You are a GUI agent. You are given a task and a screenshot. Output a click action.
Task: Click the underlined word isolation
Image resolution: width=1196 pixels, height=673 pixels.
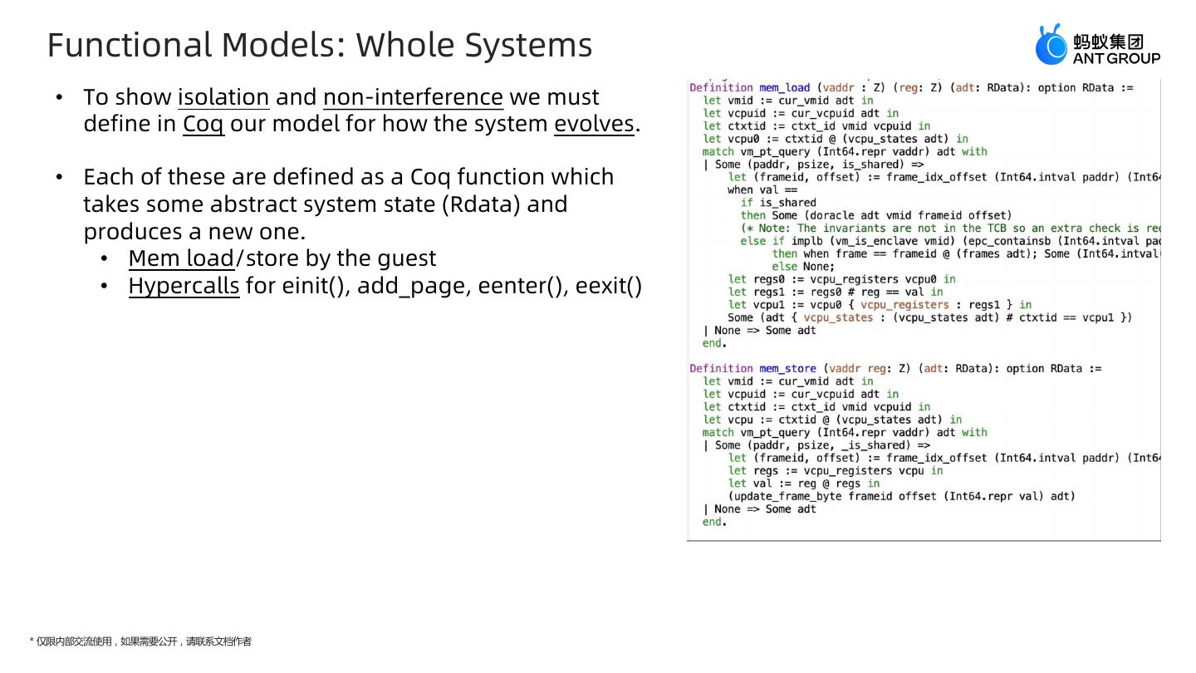[x=223, y=97]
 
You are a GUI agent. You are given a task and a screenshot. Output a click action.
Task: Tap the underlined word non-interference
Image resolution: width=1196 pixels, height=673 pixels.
[x=413, y=97]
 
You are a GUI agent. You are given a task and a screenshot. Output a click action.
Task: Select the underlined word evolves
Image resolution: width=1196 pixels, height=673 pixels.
[x=594, y=125]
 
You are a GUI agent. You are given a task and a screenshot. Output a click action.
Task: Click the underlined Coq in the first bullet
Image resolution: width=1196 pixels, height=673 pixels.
[x=203, y=125]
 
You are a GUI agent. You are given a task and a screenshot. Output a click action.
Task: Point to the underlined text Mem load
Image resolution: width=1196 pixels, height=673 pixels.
[x=181, y=259]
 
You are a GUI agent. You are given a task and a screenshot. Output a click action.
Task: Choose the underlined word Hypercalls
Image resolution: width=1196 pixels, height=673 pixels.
[x=184, y=287]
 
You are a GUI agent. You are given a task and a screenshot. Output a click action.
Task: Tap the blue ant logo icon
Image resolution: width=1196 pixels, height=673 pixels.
[x=1051, y=45]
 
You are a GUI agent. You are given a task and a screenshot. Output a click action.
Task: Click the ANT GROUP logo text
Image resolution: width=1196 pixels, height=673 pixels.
[x=1116, y=59]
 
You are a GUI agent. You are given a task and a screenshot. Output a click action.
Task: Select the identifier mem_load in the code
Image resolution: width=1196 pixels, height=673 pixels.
[x=784, y=88]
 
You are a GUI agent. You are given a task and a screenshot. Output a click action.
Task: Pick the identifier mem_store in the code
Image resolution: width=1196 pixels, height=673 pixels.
[x=787, y=369]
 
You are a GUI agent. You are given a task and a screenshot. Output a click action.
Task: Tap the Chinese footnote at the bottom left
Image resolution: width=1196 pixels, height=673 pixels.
[x=140, y=641]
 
